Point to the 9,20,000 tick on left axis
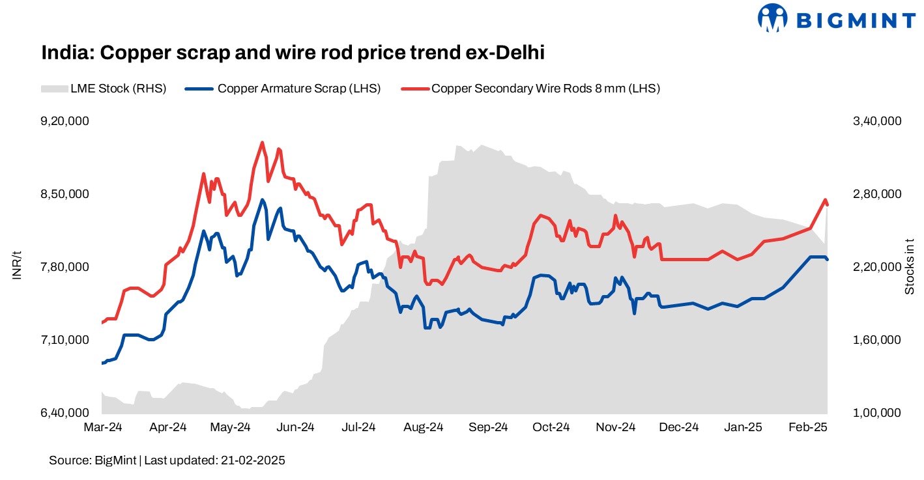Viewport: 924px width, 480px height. [65, 121]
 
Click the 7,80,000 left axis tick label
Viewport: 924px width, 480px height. [65, 267]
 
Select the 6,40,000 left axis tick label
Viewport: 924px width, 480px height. [65, 413]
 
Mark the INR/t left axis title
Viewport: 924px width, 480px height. [18, 267]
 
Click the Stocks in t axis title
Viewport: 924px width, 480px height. [910, 266]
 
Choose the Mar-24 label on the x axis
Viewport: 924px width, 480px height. [102, 428]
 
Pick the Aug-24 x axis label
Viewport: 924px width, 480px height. [424, 428]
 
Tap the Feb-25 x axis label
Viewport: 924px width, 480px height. [808, 428]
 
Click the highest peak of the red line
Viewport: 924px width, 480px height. [262, 142]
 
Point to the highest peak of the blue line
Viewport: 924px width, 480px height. [262, 200]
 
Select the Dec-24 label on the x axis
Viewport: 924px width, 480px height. [680, 428]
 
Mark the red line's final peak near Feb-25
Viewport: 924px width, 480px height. [825, 200]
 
